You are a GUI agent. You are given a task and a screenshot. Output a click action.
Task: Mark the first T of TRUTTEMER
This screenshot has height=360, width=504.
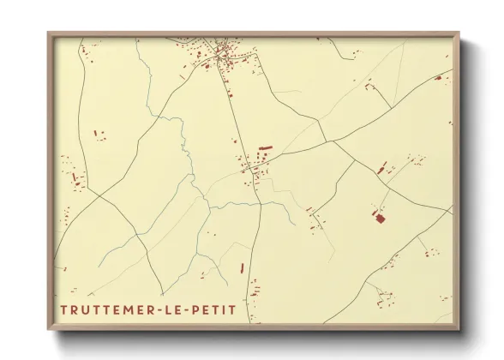click(x=64, y=308)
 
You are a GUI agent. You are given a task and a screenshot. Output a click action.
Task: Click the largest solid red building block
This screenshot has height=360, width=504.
click(x=377, y=217)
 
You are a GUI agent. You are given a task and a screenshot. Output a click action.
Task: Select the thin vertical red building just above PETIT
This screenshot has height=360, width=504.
click(x=242, y=268)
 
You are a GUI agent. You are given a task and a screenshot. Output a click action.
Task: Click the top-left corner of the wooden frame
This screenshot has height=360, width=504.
click(x=49, y=33)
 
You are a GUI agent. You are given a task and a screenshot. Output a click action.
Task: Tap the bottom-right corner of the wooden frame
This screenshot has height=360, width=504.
click(x=459, y=329)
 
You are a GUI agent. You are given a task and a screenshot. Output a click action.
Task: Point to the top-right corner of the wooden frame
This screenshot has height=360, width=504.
click(x=459, y=33)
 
